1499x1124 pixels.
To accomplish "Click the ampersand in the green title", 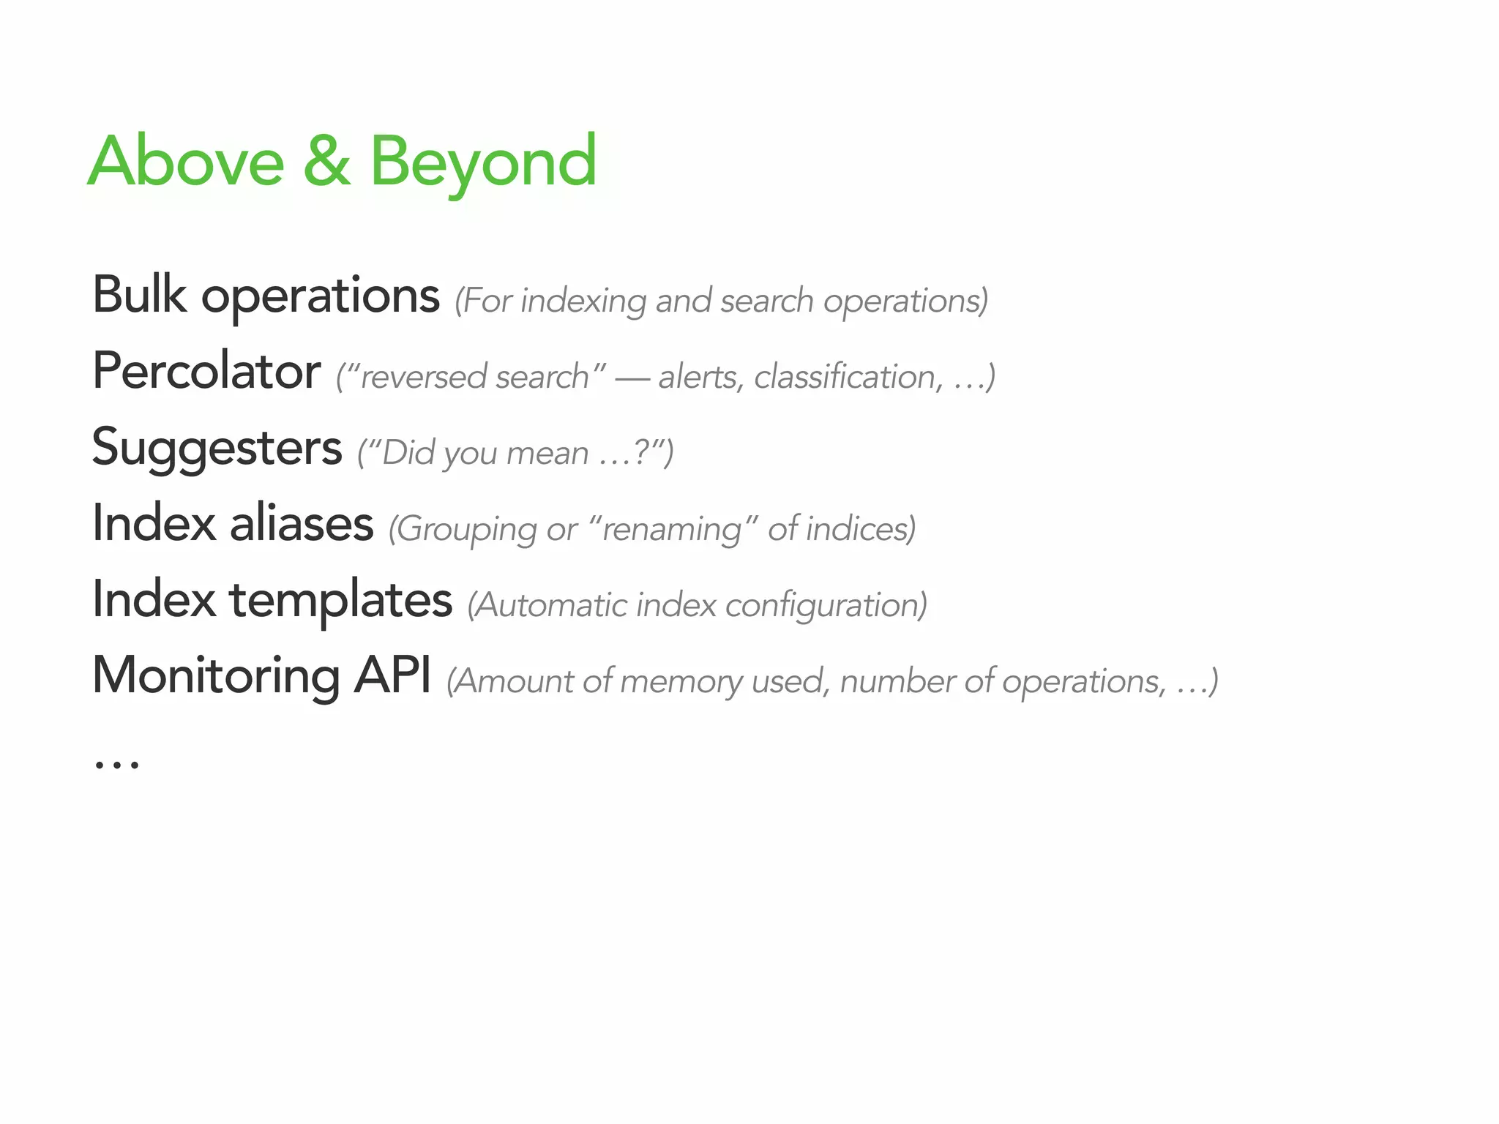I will click(x=326, y=162).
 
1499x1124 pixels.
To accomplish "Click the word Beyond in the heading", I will click(x=483, y=162).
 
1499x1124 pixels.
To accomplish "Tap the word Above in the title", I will click(x=186, y=162).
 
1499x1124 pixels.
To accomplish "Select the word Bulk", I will click(x=139, y=295).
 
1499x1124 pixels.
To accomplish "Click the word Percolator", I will click(x=206, y=371).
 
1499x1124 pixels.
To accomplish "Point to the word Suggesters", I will click(x=217, y=448).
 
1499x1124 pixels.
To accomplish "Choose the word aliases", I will click(x=302, y=524).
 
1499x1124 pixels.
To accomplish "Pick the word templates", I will click(x=340, y=601).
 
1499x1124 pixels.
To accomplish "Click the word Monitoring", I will click(x=216, y=676).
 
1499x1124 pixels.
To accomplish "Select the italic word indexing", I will click(x=583, y=301).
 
